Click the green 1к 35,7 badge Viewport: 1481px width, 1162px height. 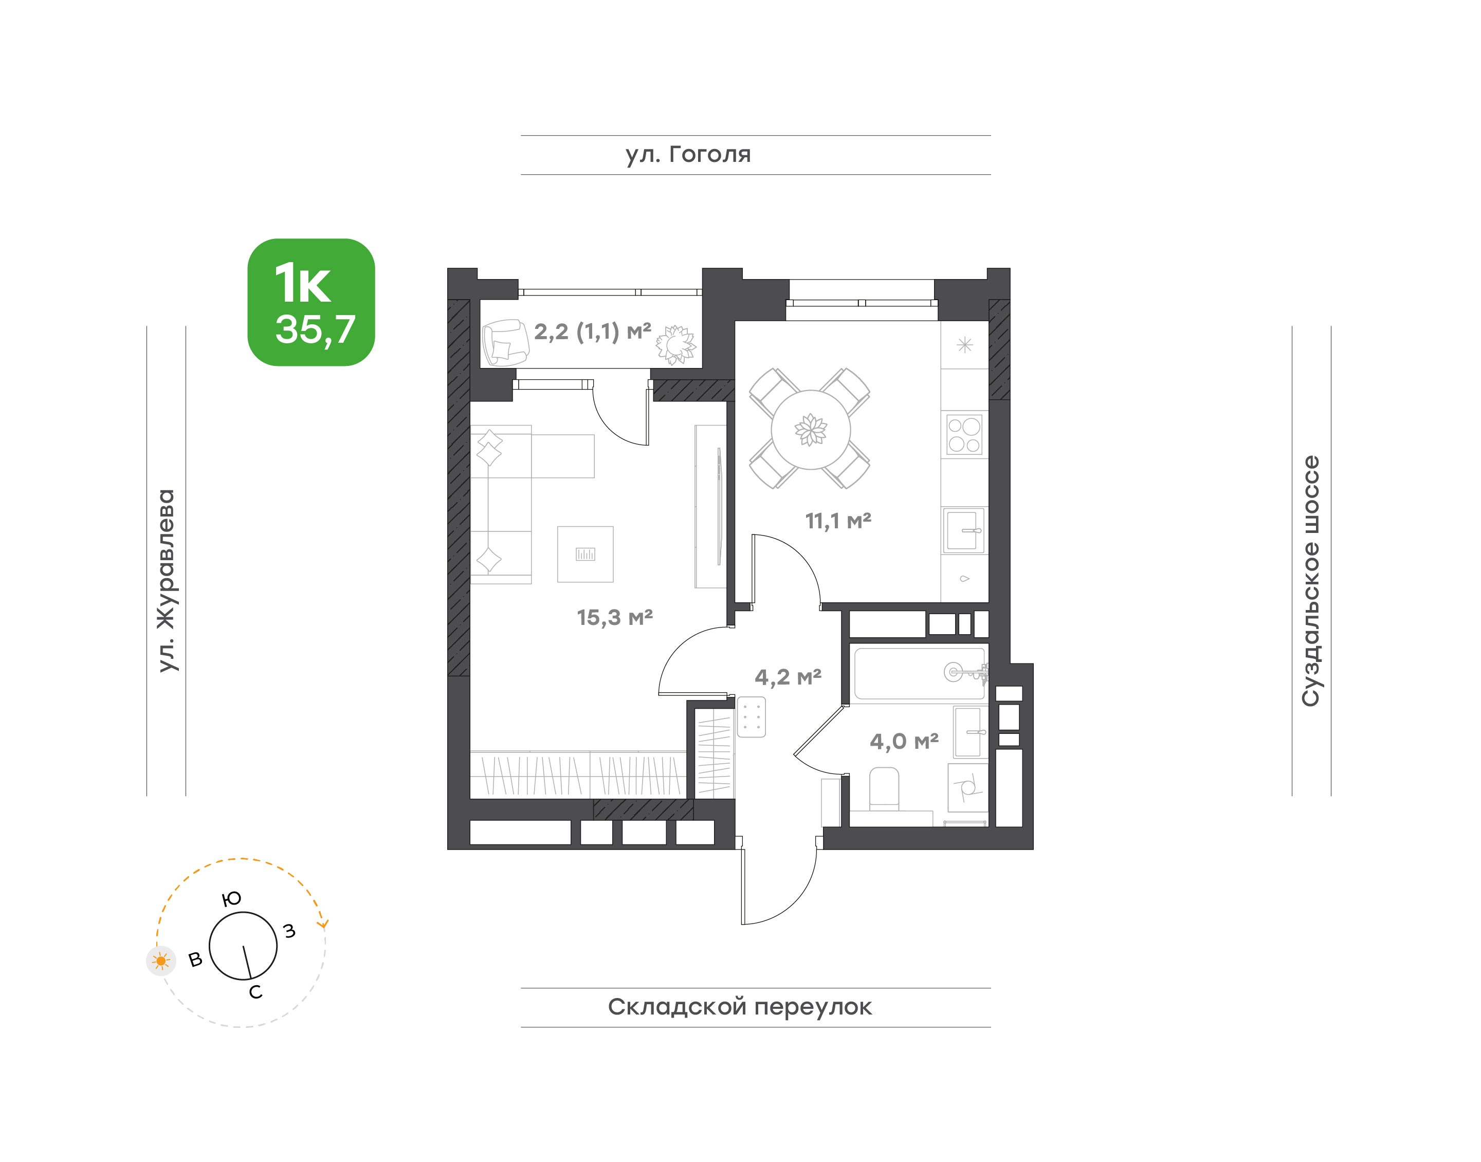point(311,302)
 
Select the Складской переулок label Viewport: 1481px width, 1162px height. point(740,1007)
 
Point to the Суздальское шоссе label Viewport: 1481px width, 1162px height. point(1310,581)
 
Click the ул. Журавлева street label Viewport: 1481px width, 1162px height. point(166,580)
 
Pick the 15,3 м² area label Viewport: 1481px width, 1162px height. point(615,617)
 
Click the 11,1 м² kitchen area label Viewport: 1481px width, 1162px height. point(838,521)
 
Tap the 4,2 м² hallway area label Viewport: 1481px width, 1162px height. point(788,677)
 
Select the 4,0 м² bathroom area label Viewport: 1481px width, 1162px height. point(904,741)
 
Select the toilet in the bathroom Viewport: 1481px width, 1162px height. point(884,790)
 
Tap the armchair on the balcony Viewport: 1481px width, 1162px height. point(505,343)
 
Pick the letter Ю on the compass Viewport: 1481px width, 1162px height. point(232,899)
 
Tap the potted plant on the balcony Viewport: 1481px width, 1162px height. point(676,344)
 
